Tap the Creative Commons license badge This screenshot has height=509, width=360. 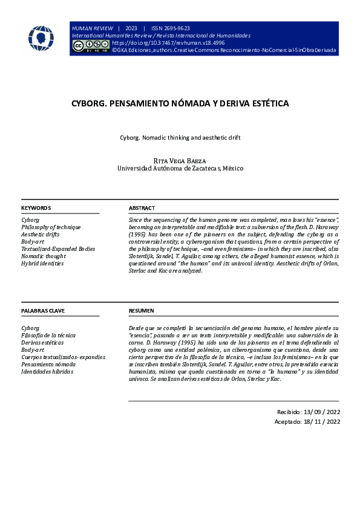click(x=91, y=45)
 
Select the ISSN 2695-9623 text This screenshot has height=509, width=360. click(x=170, y=28)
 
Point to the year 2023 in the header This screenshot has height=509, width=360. click(x=131, y=28)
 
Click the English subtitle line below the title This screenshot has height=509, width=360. click(x=180, y=138)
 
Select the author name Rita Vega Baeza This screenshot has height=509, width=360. click(x=180, y=160)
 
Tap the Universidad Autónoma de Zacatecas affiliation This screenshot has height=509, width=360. click(x=180, y=169)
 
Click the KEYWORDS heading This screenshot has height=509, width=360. click(x=36, y=207)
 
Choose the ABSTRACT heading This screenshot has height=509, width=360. click(x=142, y=207)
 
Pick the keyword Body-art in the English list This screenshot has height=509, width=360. click(x=33, y=242)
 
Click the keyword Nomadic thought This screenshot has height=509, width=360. click(x=44, y=256)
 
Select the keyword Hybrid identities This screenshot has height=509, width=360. click(x=42, y=264)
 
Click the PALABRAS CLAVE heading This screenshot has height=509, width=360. click(x=43, y=311)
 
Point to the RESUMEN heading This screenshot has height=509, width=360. click(x=141, y=311)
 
